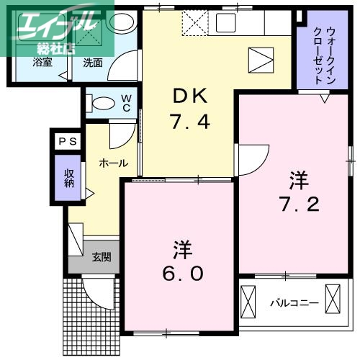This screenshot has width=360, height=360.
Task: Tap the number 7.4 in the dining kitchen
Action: (190, 122)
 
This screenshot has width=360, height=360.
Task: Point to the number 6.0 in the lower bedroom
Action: (181, 274)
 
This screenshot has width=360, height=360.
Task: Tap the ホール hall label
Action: (113, 163)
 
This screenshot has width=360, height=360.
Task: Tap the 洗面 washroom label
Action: (92, 63)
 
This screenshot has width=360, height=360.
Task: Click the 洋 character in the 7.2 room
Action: (299, 178)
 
